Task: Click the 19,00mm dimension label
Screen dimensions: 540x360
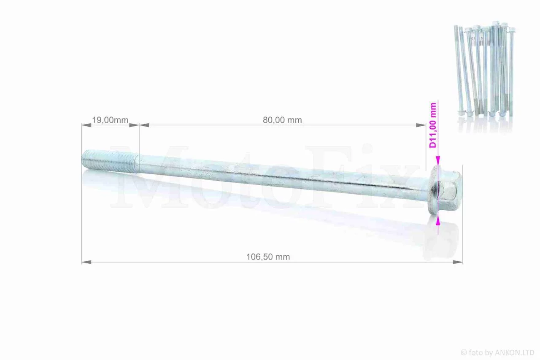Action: pos(110,120)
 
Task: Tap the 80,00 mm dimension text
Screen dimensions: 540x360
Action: pos(282,120)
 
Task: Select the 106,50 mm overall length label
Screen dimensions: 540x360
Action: pos(268,257)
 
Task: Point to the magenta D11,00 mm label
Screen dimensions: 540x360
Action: pos(433,125)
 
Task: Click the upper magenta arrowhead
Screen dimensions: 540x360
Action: pos(438,161)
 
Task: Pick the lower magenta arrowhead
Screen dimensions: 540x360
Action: pos(438,220)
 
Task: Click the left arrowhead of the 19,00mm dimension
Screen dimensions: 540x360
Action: pos(86,125)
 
